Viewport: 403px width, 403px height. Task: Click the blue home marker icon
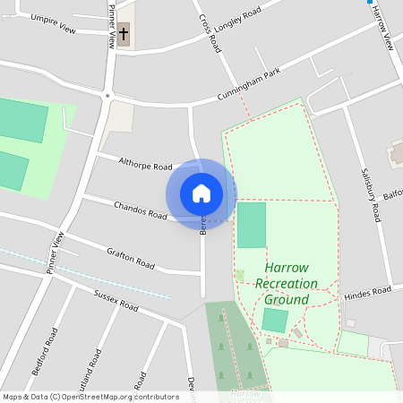click(201, 193)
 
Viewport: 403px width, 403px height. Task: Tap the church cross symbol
click(124, 36)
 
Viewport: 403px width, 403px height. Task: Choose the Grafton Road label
click(131, 259)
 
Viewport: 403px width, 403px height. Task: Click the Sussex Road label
click(116, 300)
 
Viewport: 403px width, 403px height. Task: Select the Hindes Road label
click(368, 293)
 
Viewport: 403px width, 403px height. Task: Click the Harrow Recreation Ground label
click(287, 283)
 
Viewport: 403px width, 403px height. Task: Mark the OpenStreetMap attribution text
click(90, 396)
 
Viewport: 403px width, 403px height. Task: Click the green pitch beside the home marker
click(252, 225)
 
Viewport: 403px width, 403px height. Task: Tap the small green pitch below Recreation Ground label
click(275, 320)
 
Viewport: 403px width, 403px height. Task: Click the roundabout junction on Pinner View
click(107, 95)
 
